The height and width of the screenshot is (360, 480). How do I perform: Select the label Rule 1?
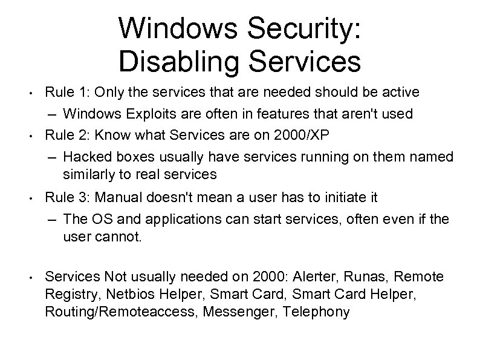click(63, 92)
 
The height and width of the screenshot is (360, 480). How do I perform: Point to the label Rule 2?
click(63, 134)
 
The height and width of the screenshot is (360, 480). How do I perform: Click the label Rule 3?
click(63, 197)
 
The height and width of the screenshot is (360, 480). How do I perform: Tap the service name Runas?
click(363, 277)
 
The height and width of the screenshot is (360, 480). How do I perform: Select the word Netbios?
click(118, 295)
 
